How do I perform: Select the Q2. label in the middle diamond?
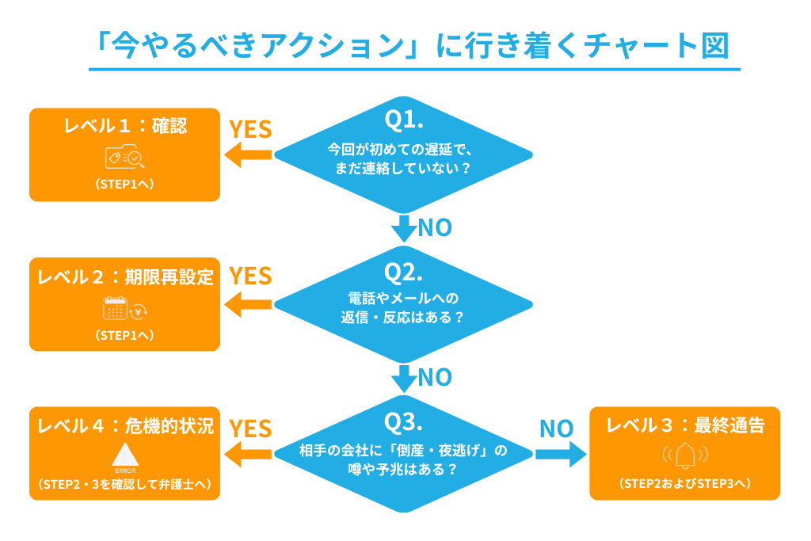tap(405, 272)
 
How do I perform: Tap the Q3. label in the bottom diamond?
tap(405, 422)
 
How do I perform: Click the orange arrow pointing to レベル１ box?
tap(247, 156)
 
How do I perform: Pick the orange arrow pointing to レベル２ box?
tap(247, 304)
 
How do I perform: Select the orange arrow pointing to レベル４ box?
tap(247, 454)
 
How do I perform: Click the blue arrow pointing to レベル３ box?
tap(560, 454)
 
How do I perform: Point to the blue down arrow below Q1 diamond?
tap(405, 228)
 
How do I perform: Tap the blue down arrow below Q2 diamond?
tap(405, 379)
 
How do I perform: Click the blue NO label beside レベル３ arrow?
tap(556, 429)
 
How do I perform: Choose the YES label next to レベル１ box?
tap(249, 129)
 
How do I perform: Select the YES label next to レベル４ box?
tap(249, 429)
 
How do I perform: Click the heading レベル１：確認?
tap(125, 127)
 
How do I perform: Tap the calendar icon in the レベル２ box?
tap(116, 309)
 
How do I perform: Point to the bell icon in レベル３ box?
tap(684, 455)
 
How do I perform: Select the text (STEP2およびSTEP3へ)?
tap(684, 483)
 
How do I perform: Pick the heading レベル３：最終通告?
tap(684, 425)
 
